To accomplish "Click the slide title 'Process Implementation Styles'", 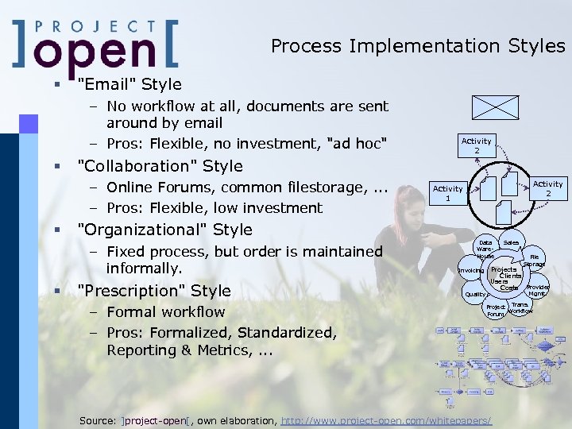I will tap(417, 46).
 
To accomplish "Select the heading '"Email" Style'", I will tap(129, 84).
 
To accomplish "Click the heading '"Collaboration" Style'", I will tap(159, 166).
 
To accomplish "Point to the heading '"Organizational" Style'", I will tap(164, 230).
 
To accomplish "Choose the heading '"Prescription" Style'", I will tap(153, 291).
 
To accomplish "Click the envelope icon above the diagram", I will tap(495, 108).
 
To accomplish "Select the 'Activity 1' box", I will tap(447, 193).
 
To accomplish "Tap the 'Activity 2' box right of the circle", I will tap(547, 188).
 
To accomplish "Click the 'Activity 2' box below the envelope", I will tap(477, 145).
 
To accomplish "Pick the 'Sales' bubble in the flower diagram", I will tap(511, 242).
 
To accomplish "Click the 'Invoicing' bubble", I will tap(471, 271).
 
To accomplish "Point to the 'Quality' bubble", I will tap(475, 294).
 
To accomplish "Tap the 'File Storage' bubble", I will tap(535, 261).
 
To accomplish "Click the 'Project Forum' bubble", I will tap(496, 310).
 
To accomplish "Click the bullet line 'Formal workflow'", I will tap(165, 312).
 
